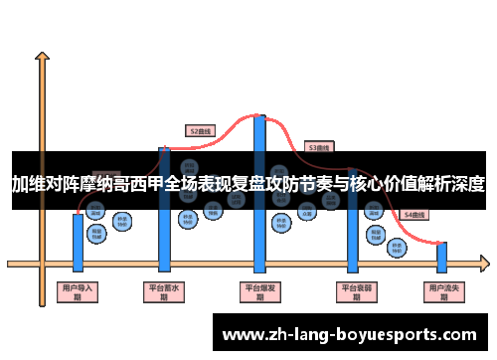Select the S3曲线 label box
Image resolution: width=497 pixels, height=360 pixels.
coord(318,147)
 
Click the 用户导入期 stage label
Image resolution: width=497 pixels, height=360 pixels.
coord(78,291)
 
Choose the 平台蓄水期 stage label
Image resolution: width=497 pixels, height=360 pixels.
coord(164,291)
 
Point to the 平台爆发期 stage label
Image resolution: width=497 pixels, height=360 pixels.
coord(260,291)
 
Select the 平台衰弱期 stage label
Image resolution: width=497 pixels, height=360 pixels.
coord(355,291)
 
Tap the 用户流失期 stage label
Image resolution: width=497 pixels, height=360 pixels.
coord(441,291)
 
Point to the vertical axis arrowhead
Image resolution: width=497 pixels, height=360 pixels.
coord(41,58)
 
